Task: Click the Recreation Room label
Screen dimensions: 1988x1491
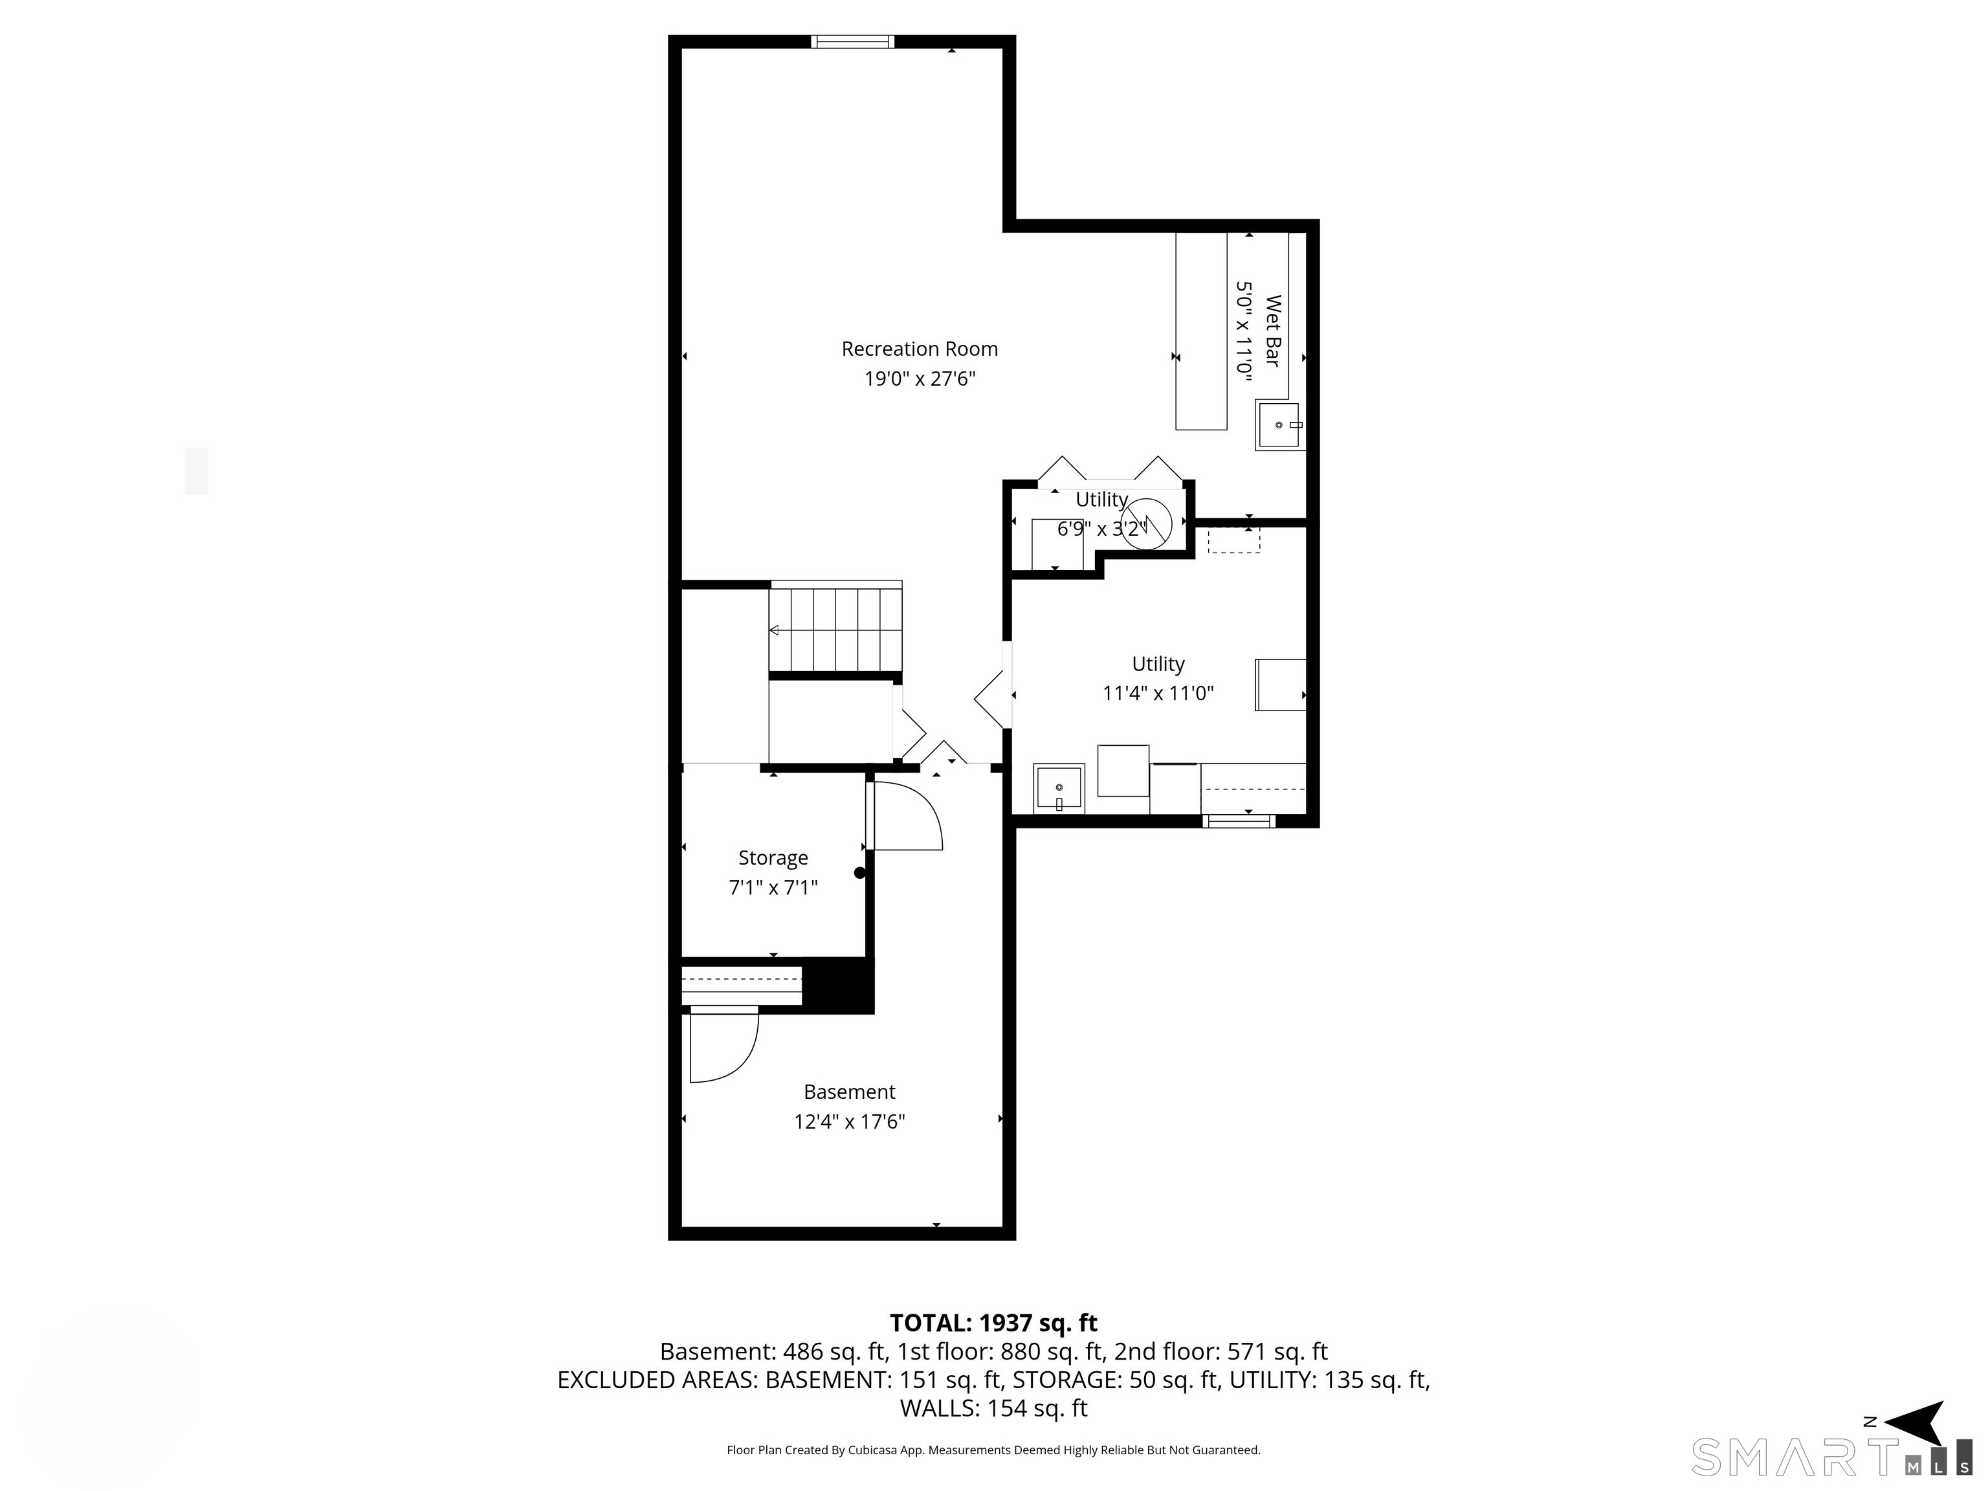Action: pos(920,349)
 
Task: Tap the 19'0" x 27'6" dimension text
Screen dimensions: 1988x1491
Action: pos(920,379)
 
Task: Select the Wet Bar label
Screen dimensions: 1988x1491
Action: pos(1273,331)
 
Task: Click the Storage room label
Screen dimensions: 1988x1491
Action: pos(773,858)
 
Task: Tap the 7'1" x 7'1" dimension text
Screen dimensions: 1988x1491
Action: pos(773,888)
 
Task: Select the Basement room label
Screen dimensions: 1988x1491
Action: pos(849,1092)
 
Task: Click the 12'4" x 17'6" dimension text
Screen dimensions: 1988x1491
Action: pos(849,1121)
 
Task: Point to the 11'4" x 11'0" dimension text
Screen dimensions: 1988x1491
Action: pos(1158,693)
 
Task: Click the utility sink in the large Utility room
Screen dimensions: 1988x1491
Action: pos(1059,789)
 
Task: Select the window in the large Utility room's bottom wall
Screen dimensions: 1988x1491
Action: pos(1239,821)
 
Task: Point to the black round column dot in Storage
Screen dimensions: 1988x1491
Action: pos(859,873)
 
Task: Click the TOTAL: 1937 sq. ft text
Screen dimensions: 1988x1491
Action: pos(993,1323)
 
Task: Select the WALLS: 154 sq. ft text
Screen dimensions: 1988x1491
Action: pos(993,1408)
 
